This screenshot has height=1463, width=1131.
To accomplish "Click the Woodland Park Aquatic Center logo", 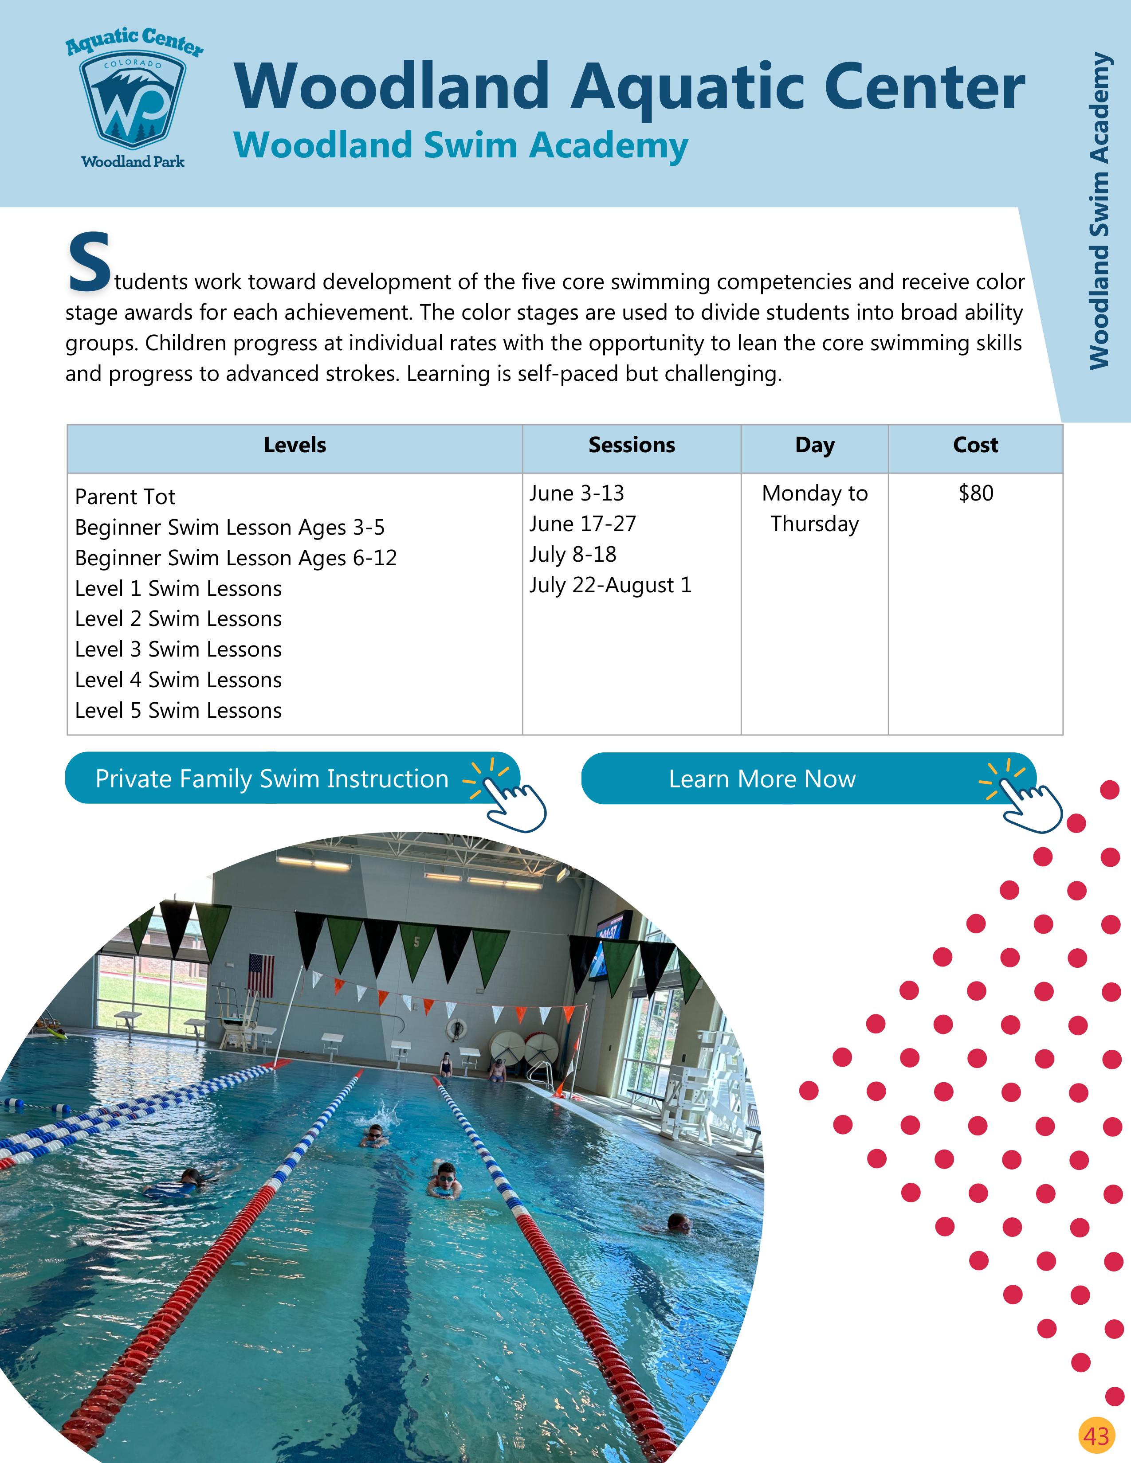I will click(x=134, y=101).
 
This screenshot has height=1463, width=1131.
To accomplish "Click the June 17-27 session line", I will click(x=582, y=524).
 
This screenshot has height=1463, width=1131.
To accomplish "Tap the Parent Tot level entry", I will click(x=125, y=497).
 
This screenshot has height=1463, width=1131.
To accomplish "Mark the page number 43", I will click(x=1096, y=1435).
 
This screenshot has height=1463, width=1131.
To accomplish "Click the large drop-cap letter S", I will click(x=88, y=262).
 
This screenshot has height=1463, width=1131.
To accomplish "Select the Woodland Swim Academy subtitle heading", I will click(x=461, y=145).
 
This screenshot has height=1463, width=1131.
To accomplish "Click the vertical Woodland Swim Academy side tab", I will click(x=1099, y=211).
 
